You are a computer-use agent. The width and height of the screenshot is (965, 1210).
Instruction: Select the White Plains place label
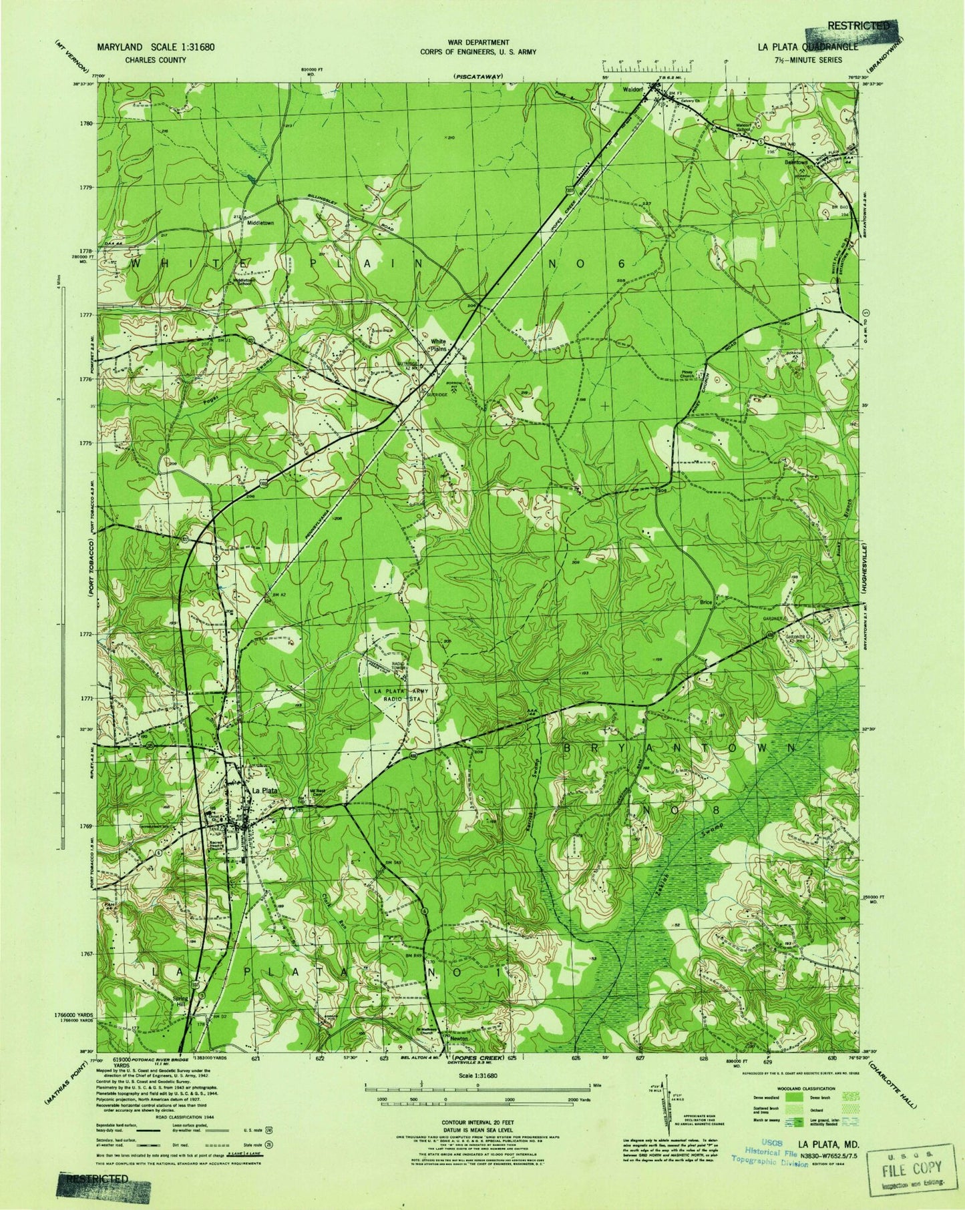pos(437,344)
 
